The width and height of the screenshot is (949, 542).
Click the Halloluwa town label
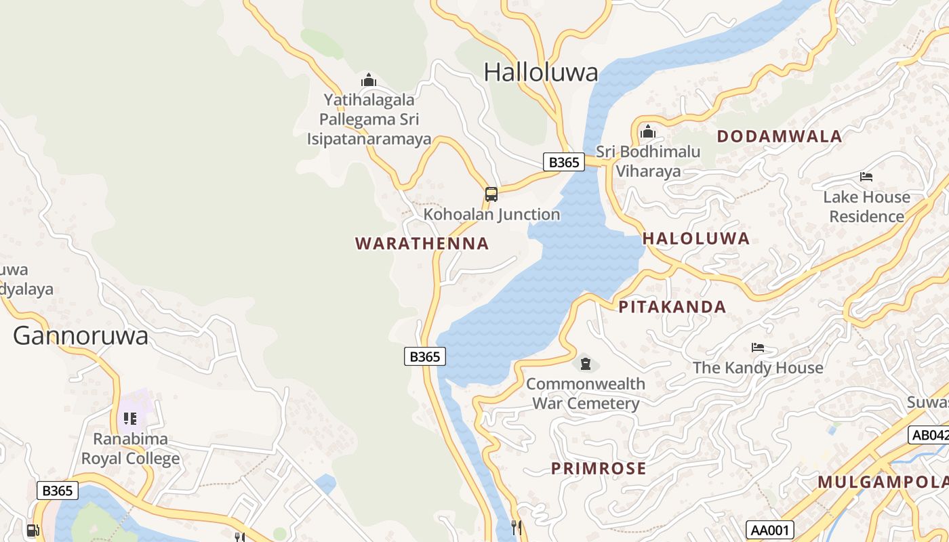tap(541, 72)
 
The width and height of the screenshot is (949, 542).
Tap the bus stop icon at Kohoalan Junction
tap(491, 194)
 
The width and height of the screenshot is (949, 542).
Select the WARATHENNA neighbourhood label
tap(422, 243)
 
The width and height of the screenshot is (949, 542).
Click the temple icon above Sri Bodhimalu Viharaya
tap(648, 131)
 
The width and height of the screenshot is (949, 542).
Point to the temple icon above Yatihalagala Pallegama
tap(369, 80)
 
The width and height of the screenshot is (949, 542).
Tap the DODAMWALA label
tap(779, 136)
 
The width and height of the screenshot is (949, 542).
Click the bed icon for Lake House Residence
tap(866, 177)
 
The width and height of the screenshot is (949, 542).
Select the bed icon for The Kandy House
tap(758, 348)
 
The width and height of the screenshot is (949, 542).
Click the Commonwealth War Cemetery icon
tap(586, 364)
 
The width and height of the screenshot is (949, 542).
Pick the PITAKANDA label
tap(672, 307)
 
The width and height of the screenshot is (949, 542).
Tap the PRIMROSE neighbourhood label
tap(598, 468)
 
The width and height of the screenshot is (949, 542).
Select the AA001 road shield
tap(769, 530)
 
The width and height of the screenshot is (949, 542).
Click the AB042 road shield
tap(929, 435)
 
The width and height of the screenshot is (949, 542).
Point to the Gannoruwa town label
tap(80, 335)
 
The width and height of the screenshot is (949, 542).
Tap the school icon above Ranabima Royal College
tap(130, 419)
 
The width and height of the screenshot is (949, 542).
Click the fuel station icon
tap(32, 530)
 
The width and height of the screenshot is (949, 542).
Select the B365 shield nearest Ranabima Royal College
tap(58, 491)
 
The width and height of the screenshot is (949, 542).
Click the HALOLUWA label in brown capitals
tap(695, 238)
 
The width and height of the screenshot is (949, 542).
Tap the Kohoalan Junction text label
tap(491, 215)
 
